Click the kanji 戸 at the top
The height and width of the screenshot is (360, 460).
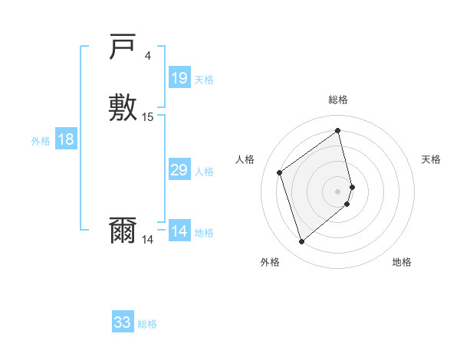point(123,48)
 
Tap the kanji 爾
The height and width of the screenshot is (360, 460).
point(123,231)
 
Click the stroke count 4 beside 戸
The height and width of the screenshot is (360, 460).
point(148,55)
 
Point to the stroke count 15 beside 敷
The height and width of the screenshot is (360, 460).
point(148,117)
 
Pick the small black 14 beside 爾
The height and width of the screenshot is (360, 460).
point(147,240)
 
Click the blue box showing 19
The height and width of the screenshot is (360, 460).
point(179,77)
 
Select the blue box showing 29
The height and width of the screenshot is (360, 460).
point(179,170)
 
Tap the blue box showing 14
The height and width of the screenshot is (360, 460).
point(179,231)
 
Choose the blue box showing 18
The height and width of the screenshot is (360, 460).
point(66,139)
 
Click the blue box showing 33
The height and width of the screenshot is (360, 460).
point(123,322)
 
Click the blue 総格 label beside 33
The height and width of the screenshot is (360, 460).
point(147,324)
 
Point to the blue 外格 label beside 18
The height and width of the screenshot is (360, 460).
point(41,141)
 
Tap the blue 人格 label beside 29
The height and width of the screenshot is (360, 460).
point(204,172)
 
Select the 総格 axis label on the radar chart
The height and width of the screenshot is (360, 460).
point(338,100)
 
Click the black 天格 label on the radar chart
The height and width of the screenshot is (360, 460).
point(431,159)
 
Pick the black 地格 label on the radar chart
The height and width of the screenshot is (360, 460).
point(402,262)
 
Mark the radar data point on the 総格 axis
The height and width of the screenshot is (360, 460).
point(338,131)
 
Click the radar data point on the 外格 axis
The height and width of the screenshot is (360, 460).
point(301,242)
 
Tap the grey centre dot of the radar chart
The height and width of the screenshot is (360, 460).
point(338,190)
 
